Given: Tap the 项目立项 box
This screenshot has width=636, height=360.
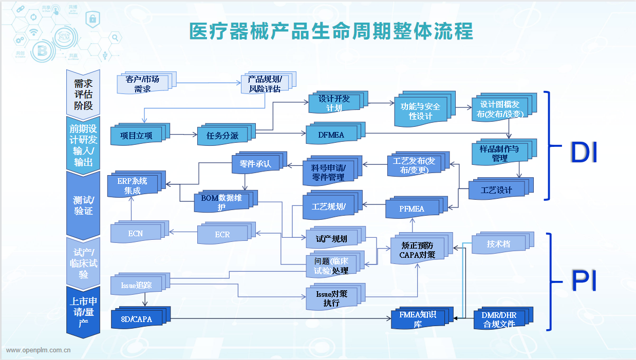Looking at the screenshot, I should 137,136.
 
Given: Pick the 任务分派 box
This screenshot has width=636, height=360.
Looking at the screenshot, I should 222,136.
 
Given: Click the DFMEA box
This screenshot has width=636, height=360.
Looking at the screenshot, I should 331,135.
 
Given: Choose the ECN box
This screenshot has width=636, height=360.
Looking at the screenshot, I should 136,234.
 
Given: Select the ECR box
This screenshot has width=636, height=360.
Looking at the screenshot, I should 222,234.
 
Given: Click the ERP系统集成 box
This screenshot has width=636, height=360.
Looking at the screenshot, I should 132,186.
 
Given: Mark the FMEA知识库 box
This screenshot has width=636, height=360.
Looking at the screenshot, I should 418,319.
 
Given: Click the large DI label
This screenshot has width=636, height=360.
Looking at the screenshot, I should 584,153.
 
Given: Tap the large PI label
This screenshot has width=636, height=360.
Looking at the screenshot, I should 584,281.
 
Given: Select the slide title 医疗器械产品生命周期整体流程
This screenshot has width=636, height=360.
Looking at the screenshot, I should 331,31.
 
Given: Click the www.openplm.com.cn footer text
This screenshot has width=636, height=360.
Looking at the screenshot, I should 39,350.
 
